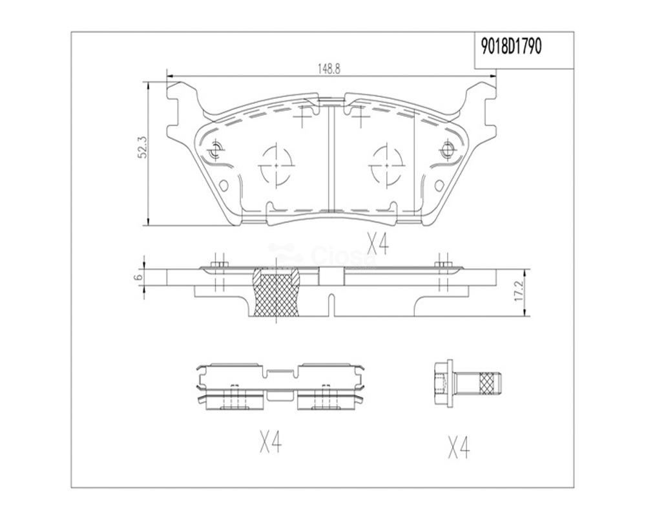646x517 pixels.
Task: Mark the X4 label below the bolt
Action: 458,447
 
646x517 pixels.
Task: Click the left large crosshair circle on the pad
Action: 276,165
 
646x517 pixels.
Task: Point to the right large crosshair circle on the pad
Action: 386,165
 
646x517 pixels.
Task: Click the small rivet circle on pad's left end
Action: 215,151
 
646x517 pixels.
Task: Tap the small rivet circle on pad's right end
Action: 446,151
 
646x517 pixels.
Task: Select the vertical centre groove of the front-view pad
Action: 331,158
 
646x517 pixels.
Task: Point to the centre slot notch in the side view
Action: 330,304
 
